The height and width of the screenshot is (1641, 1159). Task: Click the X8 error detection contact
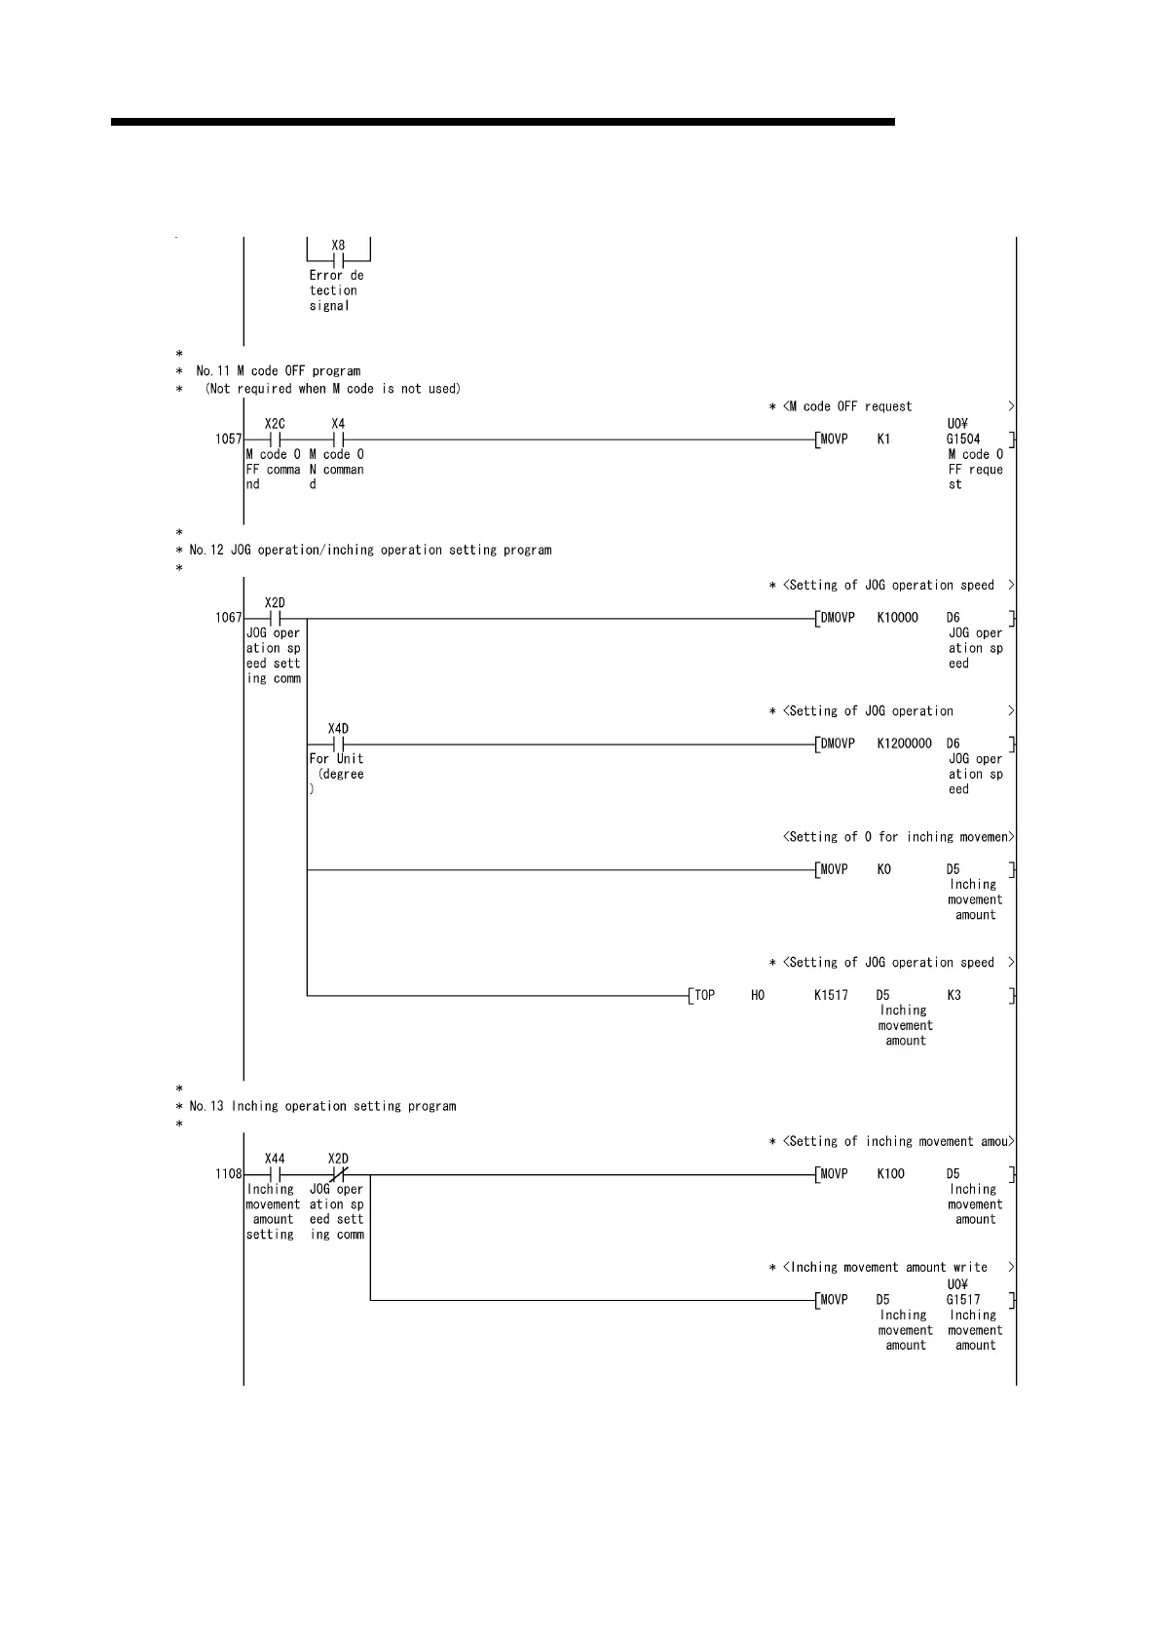(338, 260)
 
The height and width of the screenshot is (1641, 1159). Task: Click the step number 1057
(228, 439)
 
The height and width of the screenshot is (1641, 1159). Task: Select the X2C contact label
(275, 424)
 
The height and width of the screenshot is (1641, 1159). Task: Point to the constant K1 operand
(883, 439)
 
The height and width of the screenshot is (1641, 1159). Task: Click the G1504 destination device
(962, 439)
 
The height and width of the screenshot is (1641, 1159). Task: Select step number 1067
(228, 618)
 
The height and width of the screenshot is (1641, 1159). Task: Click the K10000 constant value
(897, 618)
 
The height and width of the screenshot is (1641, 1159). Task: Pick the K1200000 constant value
(904, 744)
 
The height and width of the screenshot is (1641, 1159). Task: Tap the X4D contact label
(338, 729)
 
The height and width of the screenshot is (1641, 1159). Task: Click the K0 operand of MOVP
(883, 869)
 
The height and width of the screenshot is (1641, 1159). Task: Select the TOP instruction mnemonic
(704, 996)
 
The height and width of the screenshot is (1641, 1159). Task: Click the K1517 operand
(831, 996)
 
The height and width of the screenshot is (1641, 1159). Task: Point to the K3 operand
(953, 996)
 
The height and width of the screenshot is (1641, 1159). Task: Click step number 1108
(228, 1174)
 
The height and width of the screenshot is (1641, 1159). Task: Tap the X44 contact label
(275, 1159)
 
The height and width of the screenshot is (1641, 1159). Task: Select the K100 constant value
(890, 1174)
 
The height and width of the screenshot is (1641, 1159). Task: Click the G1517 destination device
(962, 1300)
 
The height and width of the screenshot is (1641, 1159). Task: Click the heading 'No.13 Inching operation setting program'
(322, 1107)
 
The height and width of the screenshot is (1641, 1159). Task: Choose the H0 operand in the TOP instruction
(758, 996)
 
